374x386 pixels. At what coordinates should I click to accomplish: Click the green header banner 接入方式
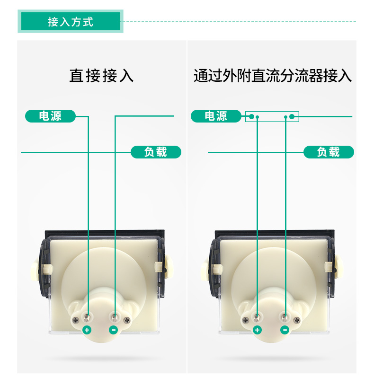71,21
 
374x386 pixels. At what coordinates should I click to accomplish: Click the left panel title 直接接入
101,76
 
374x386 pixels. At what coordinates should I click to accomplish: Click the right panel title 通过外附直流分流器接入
273,76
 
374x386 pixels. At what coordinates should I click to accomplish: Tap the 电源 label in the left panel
50,116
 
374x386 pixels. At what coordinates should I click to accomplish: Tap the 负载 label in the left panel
156,152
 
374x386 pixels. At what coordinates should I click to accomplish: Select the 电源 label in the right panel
216,116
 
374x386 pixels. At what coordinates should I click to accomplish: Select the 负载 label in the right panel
329,152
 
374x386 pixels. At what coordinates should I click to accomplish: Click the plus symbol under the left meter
87,330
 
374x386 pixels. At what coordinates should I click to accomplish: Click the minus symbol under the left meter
113,330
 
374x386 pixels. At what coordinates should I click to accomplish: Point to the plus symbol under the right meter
257,330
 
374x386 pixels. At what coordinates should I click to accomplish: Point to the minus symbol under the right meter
285,330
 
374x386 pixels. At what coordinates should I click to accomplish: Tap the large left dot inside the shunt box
251,116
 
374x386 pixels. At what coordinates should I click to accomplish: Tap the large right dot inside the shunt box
292,116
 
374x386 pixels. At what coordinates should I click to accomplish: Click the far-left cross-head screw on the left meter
75,320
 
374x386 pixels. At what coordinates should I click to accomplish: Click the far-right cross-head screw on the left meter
127,320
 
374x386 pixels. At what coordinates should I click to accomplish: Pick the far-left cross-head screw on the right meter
245,320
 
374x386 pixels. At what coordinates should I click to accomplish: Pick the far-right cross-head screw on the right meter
297,320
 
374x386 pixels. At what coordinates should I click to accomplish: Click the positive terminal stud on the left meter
86,318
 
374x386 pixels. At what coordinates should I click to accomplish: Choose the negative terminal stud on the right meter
285,318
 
